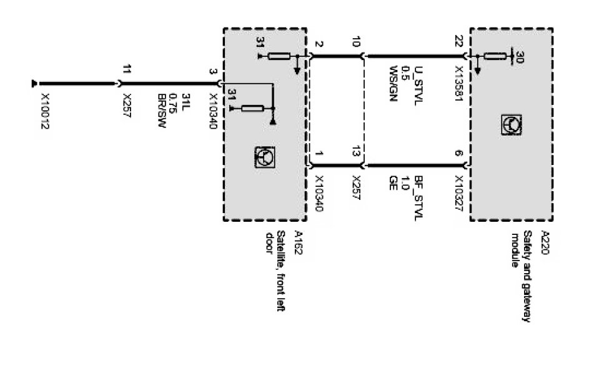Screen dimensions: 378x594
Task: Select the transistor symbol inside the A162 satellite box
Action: pyautogui.click(x=262, y=156)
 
